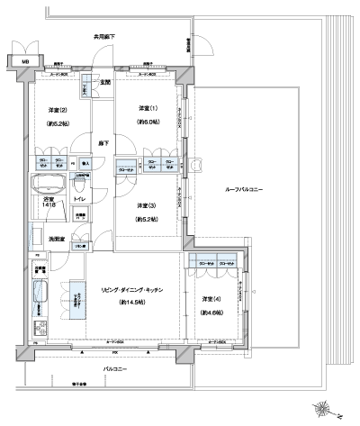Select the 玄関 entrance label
pyautogui.click(x=104, y=83)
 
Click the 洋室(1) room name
pyautogui.click(x=148, y=109)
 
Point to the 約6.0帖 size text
pyautogui.click(x=148, y=122)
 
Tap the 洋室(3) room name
pyautogui.click(x=147, y=205)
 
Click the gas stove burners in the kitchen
pyautogui.click(x=40, y=329)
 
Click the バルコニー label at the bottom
pyautogui.click(x=112, y=369)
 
